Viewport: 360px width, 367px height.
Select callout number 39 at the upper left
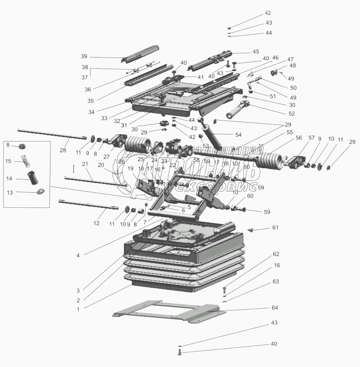pos(84,56)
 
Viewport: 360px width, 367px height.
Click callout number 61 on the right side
pos(275,227)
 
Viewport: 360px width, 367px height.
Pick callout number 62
pos(276,254)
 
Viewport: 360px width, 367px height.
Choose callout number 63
pos(276,282)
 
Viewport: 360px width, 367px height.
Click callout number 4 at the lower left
pos(78,255)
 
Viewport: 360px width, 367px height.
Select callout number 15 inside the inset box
pos(8,161)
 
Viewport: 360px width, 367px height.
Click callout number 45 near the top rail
pos(255,52)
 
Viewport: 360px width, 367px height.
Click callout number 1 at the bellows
pos(78,309)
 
